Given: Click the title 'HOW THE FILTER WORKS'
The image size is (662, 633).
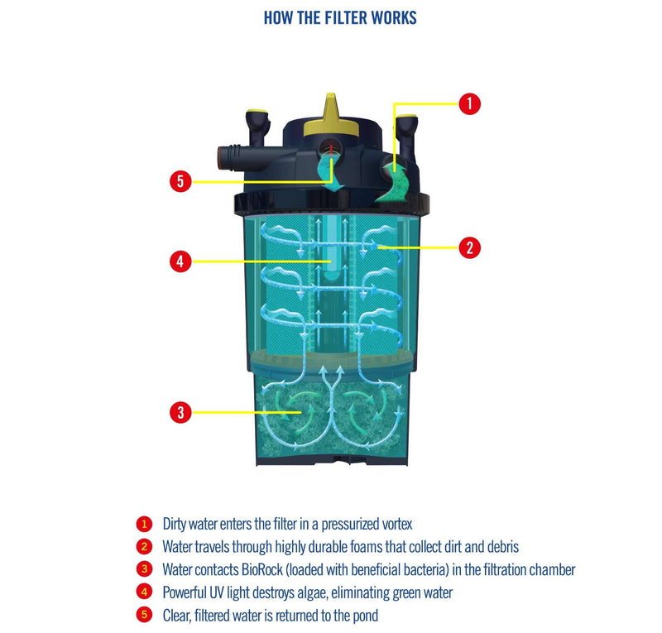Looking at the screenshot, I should (x=339, y=17).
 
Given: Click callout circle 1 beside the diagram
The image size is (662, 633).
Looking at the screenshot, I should (x=469, y=103).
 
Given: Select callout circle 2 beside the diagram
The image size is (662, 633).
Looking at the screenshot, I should (x=469, y=246).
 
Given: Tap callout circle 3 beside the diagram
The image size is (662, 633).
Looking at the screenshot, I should (x=180, y=411).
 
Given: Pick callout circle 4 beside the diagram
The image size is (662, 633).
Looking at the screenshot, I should (x=180, y=262).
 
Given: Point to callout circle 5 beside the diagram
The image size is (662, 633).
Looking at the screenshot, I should (x=180, y=180).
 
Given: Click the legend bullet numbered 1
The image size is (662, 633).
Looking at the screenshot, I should (x=144, y=524).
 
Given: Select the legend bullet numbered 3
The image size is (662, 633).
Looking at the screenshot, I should (x=144, y=569).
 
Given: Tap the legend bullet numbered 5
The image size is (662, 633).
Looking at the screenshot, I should (x=144, y=615).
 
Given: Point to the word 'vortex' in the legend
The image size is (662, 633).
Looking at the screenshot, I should (x=395, y=524).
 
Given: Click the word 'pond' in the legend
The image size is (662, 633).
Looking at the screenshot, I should (x=362, y=615).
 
